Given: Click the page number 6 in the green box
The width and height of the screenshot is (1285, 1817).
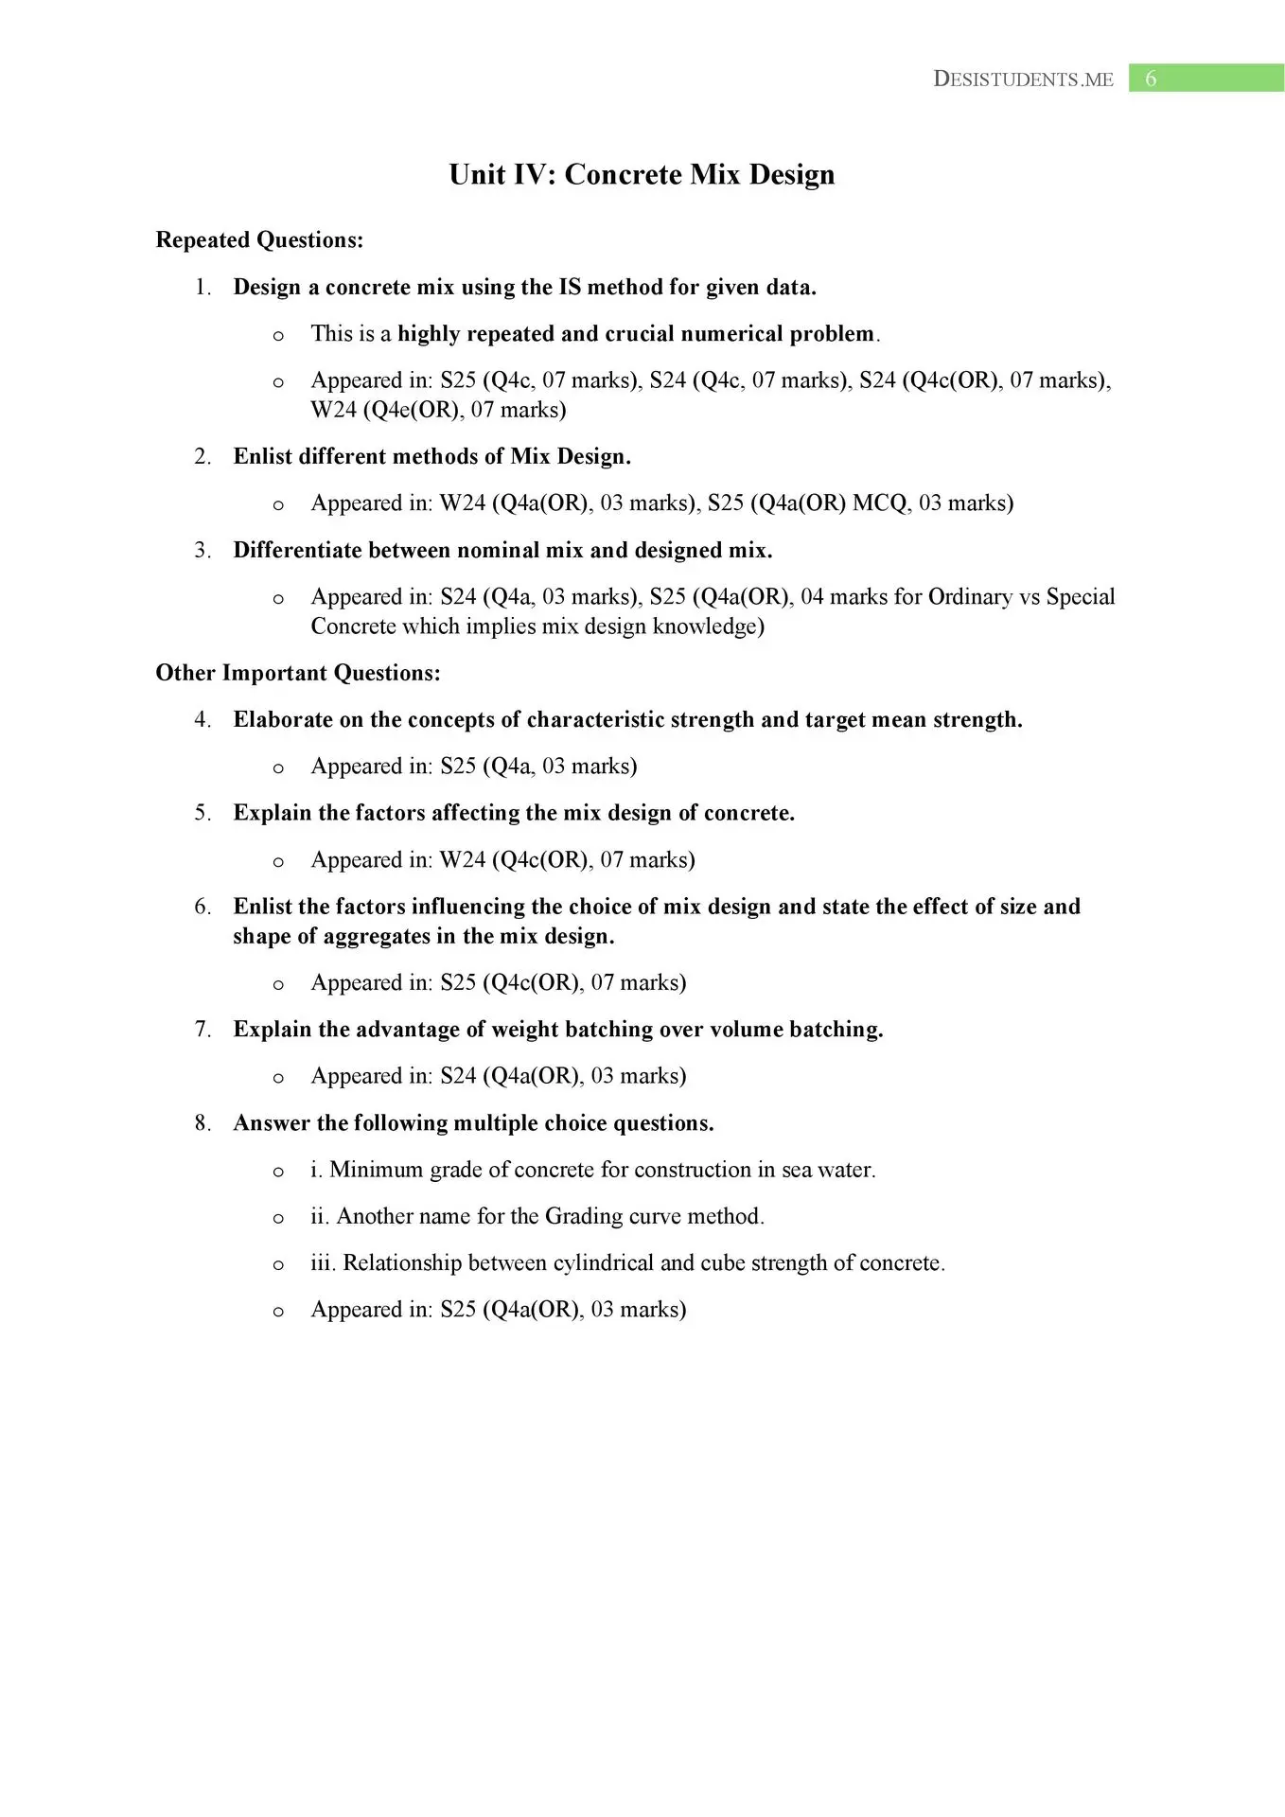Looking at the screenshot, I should pyautogui.click(x=1151, y=79).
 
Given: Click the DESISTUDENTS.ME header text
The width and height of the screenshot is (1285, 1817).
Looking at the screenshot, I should pyautogui.click(x=1023, y=79).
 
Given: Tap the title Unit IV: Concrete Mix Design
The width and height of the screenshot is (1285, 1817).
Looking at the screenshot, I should pyautogui.click(x=642, y=174).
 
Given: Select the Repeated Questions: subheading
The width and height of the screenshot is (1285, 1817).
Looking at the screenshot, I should pyautogui.click(x=259, y=240).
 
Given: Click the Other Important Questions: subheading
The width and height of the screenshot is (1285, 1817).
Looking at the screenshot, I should pyautogui.click(x=298, y=673).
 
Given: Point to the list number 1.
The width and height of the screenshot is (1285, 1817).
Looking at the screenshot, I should pyautogui.click(x=202, y=288).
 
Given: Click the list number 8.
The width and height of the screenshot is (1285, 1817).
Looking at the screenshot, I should pyautogui.click(x=202, y=1123).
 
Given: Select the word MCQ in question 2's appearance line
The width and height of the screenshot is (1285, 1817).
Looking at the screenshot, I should pyautogui.click(x=879, y=503).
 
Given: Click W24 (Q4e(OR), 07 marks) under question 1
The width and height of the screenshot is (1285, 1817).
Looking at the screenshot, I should pyautogui.click(x=438, y=410).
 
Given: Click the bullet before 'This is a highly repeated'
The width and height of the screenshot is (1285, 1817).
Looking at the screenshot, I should pyautogui.click(x=278, y=335).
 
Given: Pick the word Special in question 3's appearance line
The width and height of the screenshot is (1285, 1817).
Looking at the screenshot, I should pyautogui.click(x=1081, y=597).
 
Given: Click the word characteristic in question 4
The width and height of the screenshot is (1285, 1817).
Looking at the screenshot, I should pyautogui.click(x=595, y=720).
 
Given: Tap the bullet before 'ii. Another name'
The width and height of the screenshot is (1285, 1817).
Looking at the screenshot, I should pyautogui.click(x=278, y=1218).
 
